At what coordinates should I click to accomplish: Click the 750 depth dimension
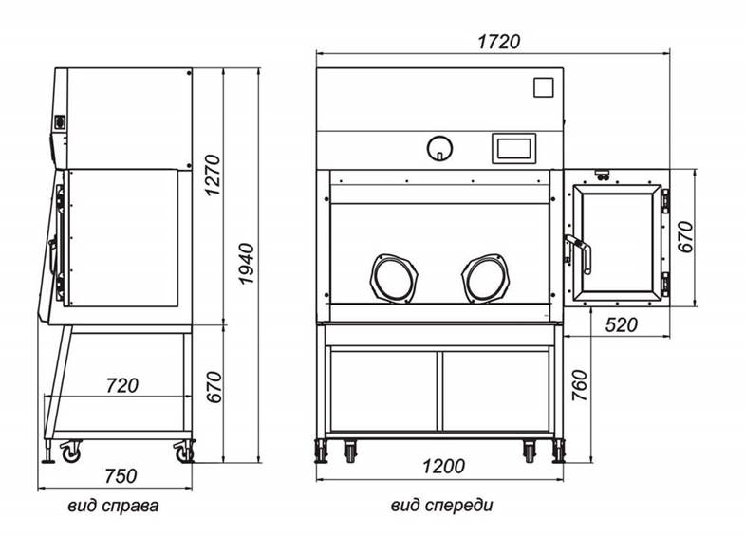point(121,475)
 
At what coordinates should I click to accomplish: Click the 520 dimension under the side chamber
point(620,325)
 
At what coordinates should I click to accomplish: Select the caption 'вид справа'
point(113,506)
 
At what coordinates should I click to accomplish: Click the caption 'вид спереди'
point(441,506)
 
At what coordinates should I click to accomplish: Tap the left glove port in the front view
point(393,277)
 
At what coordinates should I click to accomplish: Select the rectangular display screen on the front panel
point(513,148)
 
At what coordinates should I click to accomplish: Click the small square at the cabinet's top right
point(542,87)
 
